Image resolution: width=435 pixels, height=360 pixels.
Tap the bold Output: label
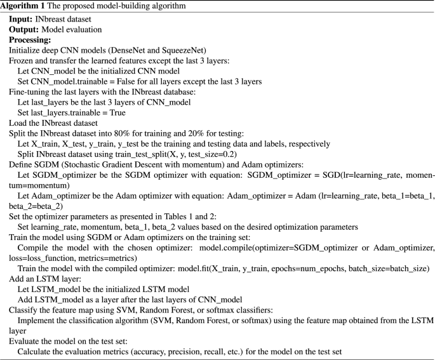[23, 30]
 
